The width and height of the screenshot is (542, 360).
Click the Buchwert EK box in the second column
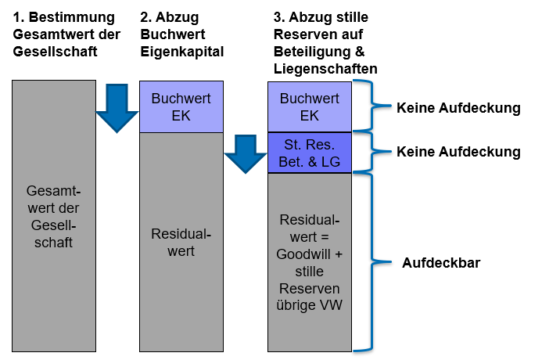181,107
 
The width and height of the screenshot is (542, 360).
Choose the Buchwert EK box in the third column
310,107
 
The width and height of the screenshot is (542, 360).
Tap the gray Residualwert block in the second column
181,243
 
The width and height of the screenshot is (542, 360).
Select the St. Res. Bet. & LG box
310,153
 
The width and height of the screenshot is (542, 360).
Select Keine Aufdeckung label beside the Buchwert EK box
458,108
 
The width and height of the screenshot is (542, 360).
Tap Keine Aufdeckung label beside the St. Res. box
458,152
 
